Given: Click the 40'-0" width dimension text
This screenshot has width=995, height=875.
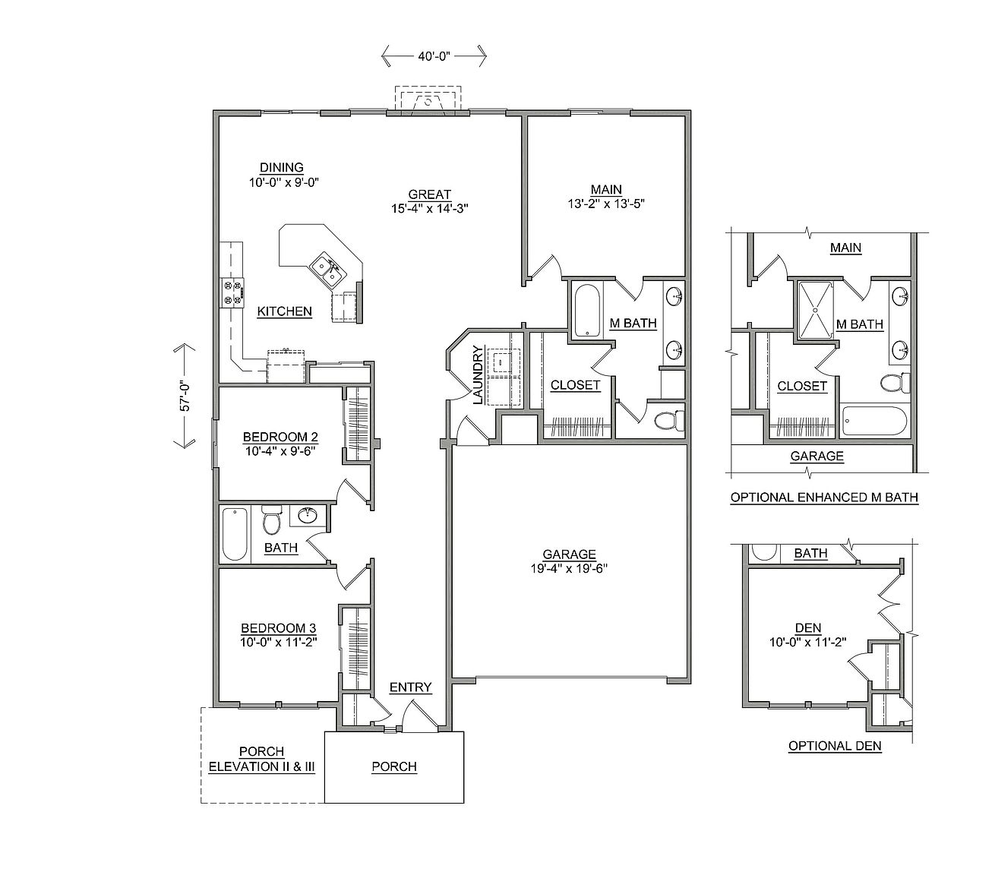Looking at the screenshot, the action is (434, 56).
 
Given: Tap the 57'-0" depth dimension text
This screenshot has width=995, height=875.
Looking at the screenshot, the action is (185, 396).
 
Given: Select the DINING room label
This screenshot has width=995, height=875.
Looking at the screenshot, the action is (281, 167).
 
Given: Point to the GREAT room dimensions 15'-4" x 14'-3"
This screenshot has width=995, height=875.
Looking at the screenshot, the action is (429, 208).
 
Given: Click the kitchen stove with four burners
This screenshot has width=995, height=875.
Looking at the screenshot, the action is (232, 293).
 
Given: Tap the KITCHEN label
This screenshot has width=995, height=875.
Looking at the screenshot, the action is (284, 311).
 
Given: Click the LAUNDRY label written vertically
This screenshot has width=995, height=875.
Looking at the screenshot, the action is (478, 375).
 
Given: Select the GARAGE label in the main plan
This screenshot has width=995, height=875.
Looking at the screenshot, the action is (569, 554).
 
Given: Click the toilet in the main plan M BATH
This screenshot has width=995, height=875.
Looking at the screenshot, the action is (670, 420).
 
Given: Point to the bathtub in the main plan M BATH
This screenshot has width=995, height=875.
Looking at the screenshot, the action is (586, 310).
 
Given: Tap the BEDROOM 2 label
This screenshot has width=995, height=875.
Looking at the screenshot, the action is (280, 436).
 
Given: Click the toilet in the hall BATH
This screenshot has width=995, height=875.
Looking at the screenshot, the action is (270, 520).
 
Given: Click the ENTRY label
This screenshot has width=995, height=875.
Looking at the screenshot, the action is (411, 687).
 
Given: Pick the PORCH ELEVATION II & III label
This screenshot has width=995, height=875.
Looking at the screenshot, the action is (262, 759).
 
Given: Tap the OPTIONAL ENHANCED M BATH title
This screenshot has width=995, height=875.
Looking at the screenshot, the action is (824, 498).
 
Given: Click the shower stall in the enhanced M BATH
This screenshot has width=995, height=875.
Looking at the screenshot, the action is (816, 310).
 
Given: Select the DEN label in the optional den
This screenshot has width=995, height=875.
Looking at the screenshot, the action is (808, 628).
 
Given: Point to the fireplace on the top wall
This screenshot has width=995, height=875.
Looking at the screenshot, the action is (428, 101).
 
